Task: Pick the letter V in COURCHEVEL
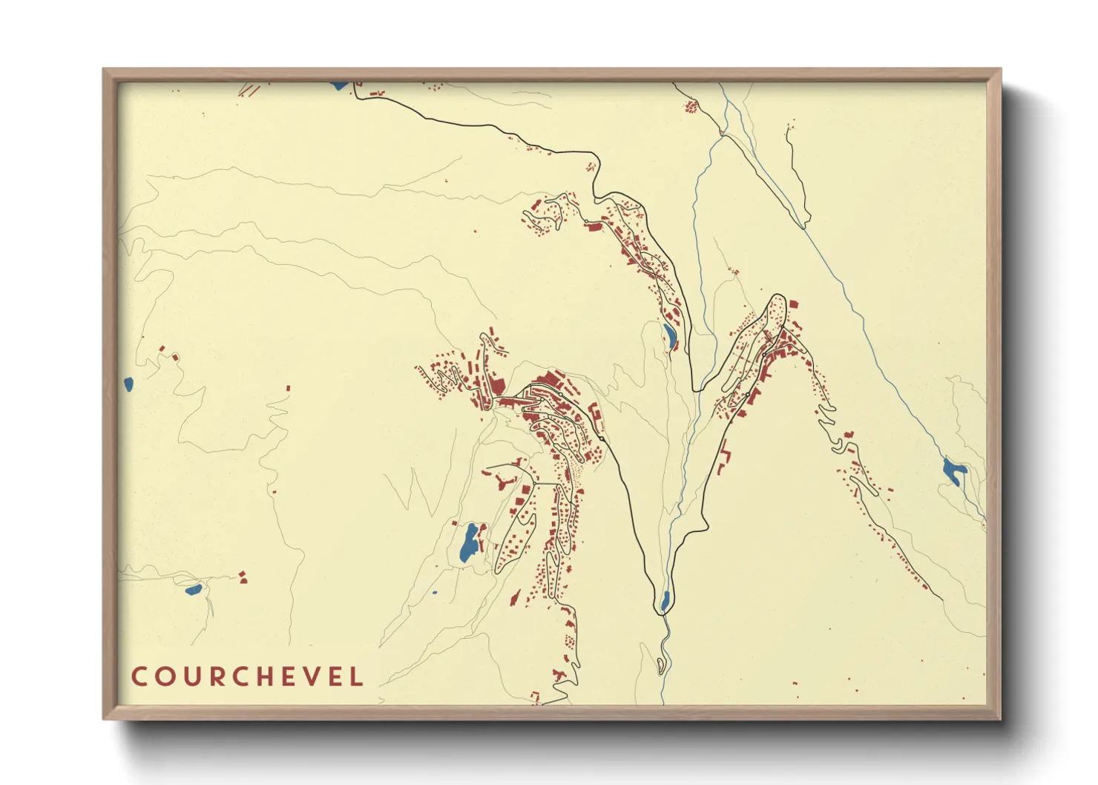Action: coord(310,677)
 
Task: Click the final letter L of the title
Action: coord(357,677)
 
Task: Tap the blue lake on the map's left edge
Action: coord(128,384)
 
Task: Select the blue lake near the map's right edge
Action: coord(953,471)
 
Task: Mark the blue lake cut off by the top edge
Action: coord(339,85)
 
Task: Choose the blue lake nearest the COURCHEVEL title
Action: coord(193,590)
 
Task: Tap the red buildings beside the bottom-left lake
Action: coord(242,577)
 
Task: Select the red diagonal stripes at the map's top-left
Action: coord(249,90)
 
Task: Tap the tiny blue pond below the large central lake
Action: coord(435,593)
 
